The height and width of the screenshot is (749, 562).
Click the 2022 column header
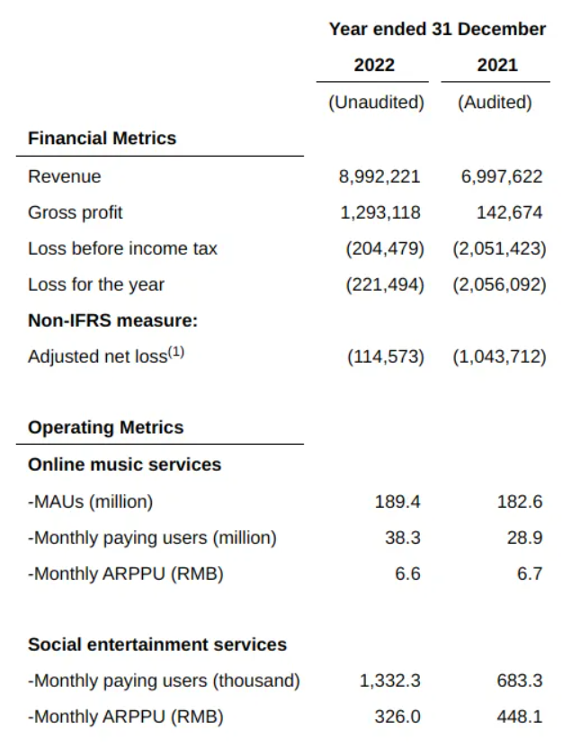(x=374, y=65)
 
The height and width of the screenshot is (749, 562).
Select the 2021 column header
(x=497, y=65)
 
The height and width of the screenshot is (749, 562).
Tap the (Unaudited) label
(x=376, y=102)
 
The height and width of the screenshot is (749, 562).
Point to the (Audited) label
(x=495, y=102)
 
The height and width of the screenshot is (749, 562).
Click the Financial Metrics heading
(x=102, y=139)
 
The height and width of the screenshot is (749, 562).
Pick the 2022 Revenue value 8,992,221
(x=379, y=176)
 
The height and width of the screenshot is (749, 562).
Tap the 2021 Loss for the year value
(x=499, y=284)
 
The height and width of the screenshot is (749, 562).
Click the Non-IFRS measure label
(x=112, y=320)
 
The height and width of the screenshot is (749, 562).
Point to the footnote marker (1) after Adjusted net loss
(x=176, y=352)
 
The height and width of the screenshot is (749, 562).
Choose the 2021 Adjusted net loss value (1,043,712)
(x=499, y=356)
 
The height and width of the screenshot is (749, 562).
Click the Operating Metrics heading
(x=105, y=428)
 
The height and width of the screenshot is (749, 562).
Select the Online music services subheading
(x=124, y=465)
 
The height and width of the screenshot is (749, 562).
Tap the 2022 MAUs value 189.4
(x=397, y=501)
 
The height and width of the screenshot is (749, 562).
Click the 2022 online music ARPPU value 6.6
(x=407, y=573)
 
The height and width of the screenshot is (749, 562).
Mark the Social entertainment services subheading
(x=157, y=645)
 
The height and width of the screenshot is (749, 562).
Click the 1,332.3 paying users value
(x=389, y=681)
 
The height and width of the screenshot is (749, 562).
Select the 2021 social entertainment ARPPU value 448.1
(x=520, y=717)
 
